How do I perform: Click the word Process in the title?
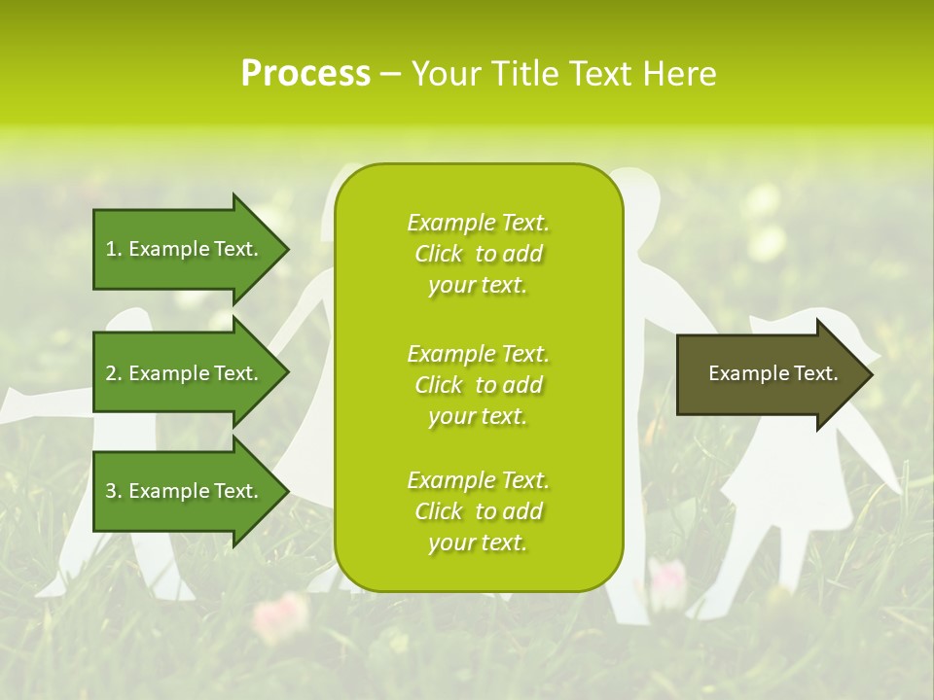tap(305, 74)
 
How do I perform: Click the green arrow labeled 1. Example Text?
tap(185, 249)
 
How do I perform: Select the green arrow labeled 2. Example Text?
tap(185, 373)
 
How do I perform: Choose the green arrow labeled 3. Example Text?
tap(185, 491)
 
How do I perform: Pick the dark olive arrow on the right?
tap(769, 374)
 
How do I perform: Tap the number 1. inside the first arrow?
tap(114, 249)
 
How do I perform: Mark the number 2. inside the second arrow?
tap(114, 373)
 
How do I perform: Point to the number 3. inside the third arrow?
tap(114, 491)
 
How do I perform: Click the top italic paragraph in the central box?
tap(478, 254)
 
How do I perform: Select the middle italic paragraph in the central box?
tap(478, 384)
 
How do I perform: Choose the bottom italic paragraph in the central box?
tap(478, 511)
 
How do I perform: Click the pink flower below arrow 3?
tap(281, 612)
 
